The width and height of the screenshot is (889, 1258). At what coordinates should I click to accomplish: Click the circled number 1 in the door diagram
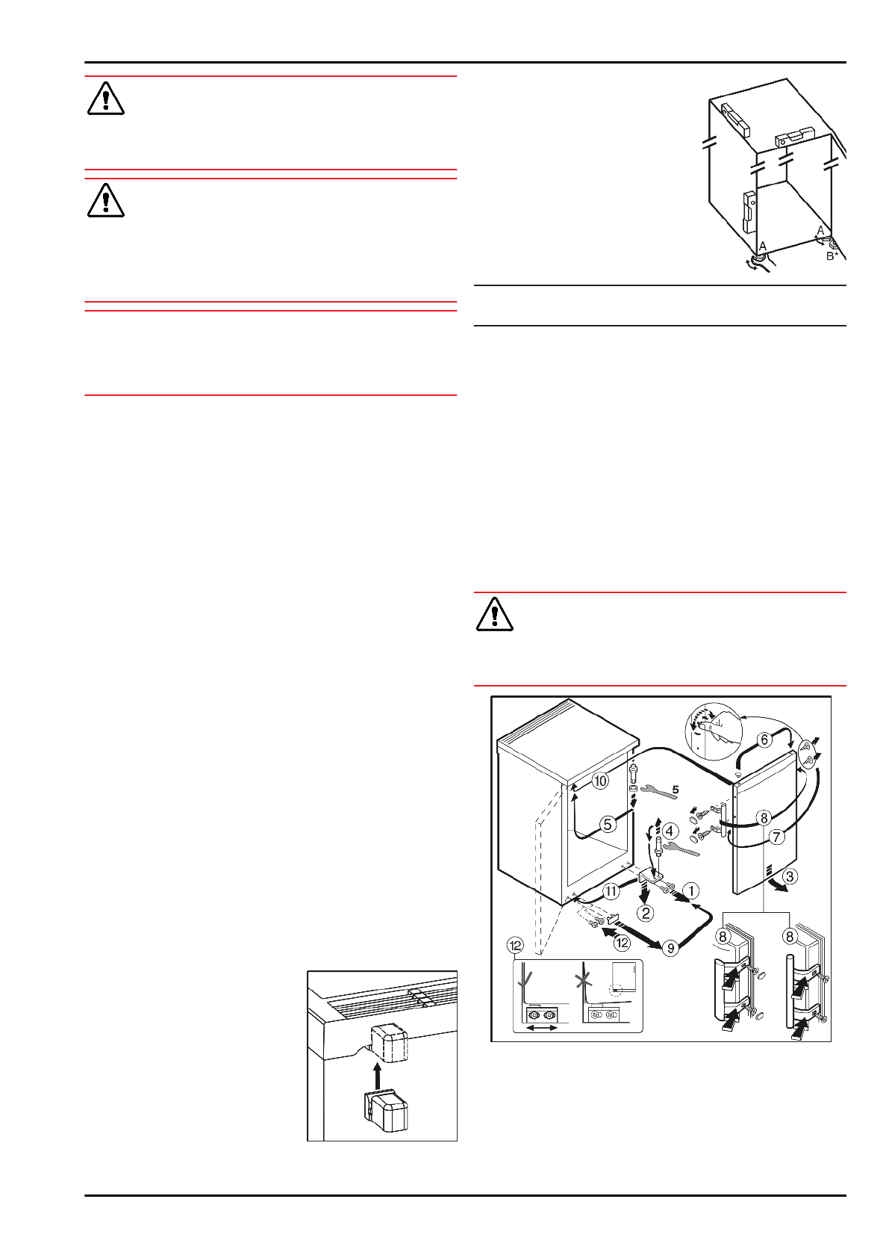click(x=692, y=890)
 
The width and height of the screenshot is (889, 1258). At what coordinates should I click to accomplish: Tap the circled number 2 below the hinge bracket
click(x=646, y=912)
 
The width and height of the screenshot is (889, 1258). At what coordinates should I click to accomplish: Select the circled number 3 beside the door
click(x=790, y=876)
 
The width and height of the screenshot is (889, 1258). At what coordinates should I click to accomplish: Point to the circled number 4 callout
click(x=670, y=831)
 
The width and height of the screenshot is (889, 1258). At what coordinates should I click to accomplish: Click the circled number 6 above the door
click(x=764, y=740)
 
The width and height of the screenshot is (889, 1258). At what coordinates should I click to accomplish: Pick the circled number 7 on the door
click(x=777, y=837)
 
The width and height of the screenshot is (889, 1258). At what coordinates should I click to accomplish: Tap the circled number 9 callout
click(x=671, y=948)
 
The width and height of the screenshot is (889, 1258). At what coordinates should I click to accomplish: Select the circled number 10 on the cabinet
click(x=600, y=781)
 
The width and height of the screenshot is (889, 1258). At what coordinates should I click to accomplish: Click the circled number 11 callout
click(x=611, y=890)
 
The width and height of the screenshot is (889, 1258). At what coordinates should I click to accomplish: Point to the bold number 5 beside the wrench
click(x=675, y=789)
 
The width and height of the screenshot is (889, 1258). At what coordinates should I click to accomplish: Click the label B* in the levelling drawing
click(x=832, y=256)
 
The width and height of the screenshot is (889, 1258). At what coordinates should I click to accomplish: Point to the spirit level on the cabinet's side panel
click(x=749, y=211)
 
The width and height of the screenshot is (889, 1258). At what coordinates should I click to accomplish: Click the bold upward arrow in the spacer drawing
click(x=378, y=1076)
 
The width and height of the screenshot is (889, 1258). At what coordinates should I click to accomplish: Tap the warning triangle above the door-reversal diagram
click(x=494, y=615)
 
